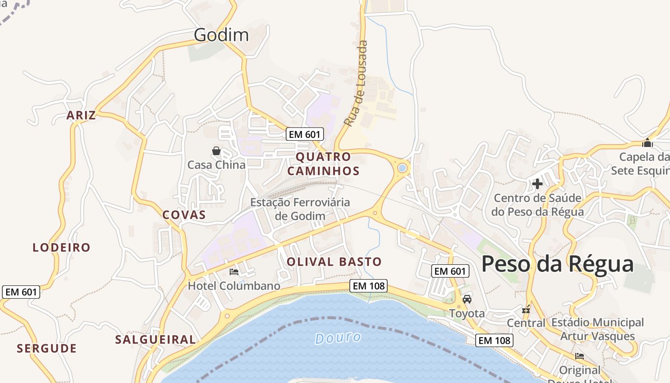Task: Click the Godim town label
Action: [x=221, y=35]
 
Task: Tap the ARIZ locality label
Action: [x=81, y=115]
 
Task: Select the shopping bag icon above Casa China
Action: [x=216, y=151]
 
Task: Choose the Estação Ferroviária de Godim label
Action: [x=300, y=209]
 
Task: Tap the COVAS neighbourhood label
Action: [x=184, y=215]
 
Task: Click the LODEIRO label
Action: [x=61, y=248]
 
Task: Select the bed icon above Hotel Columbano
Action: [x=234, y=272]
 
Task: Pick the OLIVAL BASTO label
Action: [x=334, y=262]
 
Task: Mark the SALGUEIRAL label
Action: [x=156, y=340]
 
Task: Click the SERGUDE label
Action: [x=46, y=349]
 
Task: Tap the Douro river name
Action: [x=338, y=338]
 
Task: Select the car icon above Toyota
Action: [x=467, y=299]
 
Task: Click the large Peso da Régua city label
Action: [x=557, y=264]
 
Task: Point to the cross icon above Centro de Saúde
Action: [x=537, y=183]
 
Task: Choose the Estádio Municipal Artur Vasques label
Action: [x=597, y=329]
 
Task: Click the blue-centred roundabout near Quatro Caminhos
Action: [x=402, y=168]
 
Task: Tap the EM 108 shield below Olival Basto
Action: [x=368, y=286]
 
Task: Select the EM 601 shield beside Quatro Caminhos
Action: [x=305, y=134]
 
